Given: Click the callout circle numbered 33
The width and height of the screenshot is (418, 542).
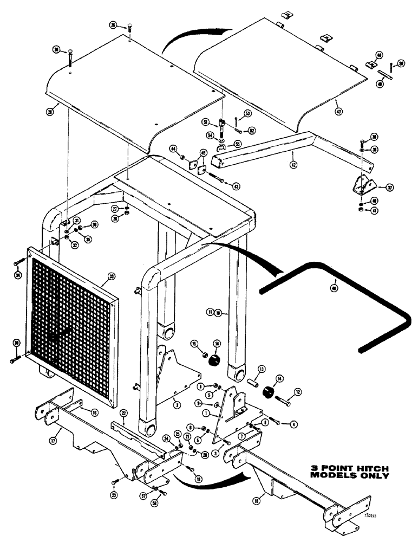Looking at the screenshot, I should (110, 276).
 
